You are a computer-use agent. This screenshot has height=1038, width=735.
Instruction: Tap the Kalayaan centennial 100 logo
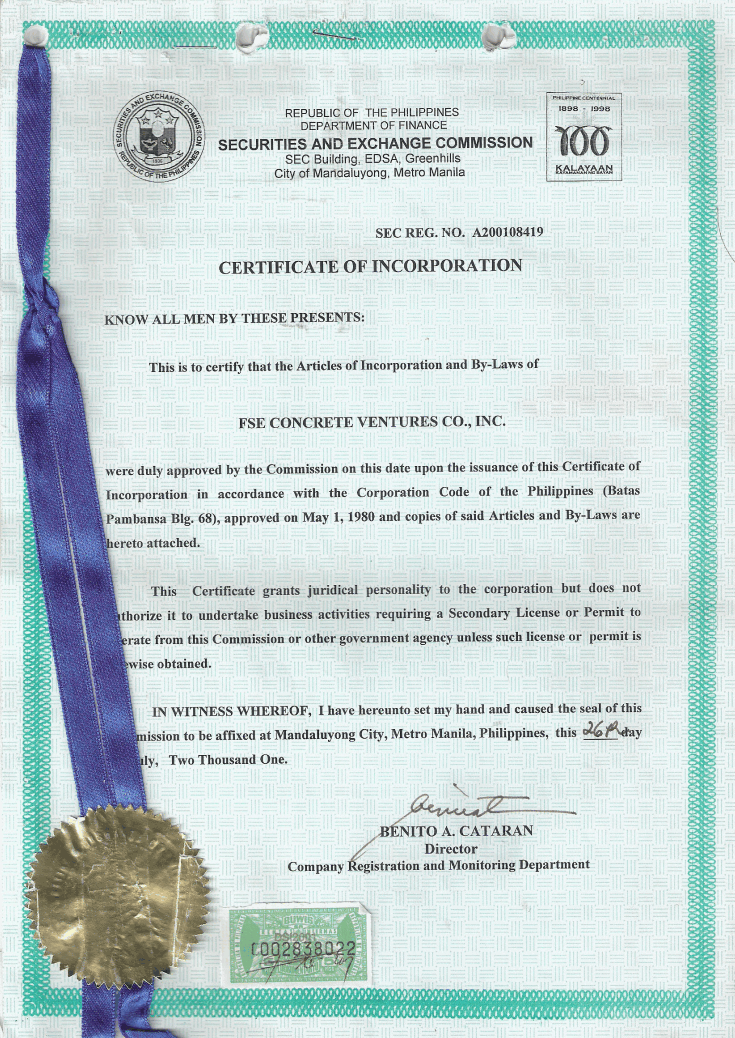coord(585,137)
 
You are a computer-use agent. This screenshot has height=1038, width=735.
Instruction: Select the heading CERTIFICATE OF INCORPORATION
coord(370,267)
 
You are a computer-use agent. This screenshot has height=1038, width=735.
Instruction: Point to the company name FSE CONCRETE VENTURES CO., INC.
coord(372,422)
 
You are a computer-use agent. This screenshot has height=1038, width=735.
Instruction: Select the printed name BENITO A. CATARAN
coord(457,831)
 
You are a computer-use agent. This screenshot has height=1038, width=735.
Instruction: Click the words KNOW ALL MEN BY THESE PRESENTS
coord(235,319)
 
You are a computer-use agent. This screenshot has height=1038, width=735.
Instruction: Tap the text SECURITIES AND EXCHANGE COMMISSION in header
coord(375,143)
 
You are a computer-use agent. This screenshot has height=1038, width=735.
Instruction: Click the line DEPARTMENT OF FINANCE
coord(372,126)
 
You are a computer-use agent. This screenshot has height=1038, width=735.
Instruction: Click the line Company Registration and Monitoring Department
coord(438,866)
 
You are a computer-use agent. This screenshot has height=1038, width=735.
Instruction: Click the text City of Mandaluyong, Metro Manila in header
coord(370,173)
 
